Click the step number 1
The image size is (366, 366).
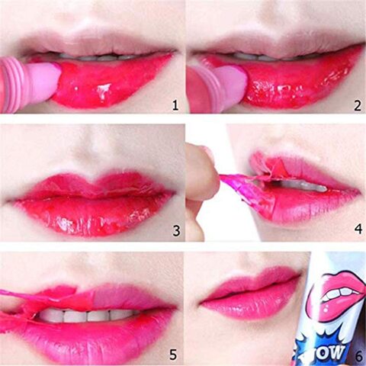[175, 105]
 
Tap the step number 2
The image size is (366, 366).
[358, 106]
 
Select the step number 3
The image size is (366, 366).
[176, 231]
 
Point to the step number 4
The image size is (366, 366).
[358, 229]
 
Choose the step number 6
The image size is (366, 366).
[358, 357]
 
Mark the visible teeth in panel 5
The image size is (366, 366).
[86, 316]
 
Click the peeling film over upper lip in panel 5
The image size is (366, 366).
[51, 296]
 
